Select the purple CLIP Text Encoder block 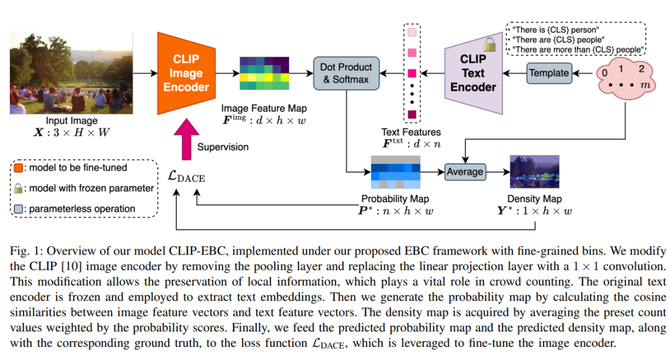coord(473,73)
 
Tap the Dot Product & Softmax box coord(346,73)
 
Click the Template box coord(548,73)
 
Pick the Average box coord(465,171)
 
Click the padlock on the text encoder coord(490,44)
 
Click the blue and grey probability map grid coord(396,172)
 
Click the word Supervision coord(223,147)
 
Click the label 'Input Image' coord(72,121)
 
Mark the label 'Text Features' coord(411,132)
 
